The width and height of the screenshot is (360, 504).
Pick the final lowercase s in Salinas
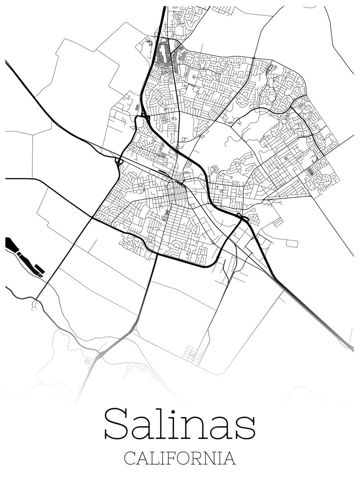[x=244, y=428]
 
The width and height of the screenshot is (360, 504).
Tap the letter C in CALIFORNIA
[x=130, y=458]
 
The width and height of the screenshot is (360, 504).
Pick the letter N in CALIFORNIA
[x=213, y=458]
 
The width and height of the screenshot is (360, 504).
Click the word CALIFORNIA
[x=180, y=458]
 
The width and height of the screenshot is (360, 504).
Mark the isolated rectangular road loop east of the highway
[x=292, y=243]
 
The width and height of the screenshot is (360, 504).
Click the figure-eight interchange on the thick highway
[x=243, y=218]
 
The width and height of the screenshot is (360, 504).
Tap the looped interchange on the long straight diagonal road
[x=119, y=161]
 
